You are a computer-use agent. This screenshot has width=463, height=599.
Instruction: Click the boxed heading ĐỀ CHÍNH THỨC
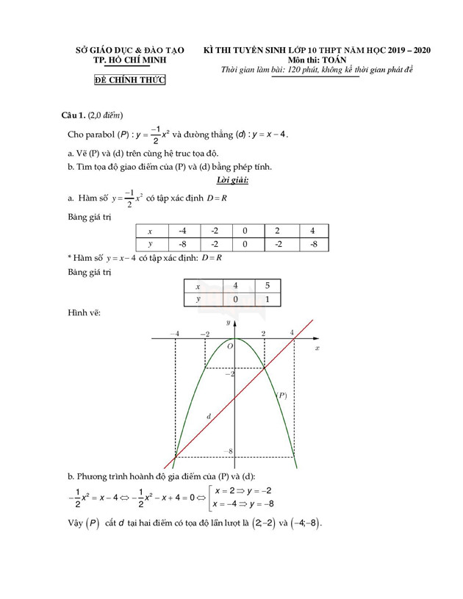(130, 80)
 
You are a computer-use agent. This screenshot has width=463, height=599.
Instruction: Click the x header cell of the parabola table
(151, 231)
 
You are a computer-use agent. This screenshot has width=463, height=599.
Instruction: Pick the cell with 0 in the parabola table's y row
(245, 245)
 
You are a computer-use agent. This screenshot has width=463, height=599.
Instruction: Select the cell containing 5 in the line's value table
(267, 286)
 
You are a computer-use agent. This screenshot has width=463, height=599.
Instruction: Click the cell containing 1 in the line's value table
(267, 299)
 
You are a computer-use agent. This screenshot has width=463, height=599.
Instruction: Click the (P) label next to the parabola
(281, 395)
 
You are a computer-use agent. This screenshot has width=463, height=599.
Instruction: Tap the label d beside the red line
(209, 417)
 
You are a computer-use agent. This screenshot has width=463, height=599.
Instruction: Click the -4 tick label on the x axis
(174, 334)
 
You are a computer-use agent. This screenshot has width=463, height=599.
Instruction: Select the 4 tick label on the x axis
(292, 333)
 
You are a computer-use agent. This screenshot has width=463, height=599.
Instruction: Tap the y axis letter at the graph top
(228, 322)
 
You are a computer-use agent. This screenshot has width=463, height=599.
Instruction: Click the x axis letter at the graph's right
(317, 346)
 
